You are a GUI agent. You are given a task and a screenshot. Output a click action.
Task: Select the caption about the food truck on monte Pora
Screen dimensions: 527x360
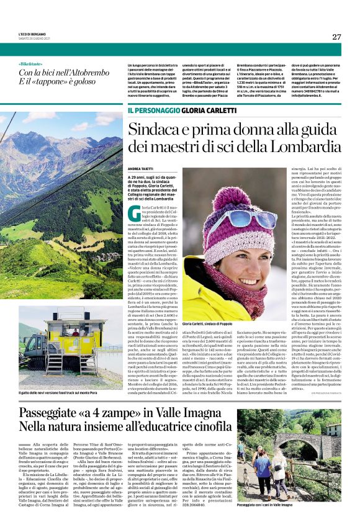(61, 392)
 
